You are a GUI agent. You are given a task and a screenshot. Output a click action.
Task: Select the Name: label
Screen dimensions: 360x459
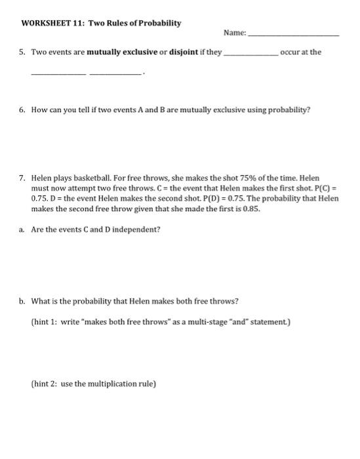235,33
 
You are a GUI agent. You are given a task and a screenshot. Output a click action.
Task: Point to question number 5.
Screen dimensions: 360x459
23,52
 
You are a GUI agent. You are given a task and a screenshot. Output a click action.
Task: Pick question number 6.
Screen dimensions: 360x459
23,110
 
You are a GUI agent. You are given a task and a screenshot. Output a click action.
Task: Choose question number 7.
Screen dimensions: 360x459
23,178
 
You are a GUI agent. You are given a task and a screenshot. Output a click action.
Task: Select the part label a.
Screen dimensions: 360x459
22,229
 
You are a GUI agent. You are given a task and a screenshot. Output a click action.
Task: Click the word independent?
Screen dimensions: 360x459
133,229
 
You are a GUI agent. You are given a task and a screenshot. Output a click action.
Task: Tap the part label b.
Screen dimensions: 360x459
23,301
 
